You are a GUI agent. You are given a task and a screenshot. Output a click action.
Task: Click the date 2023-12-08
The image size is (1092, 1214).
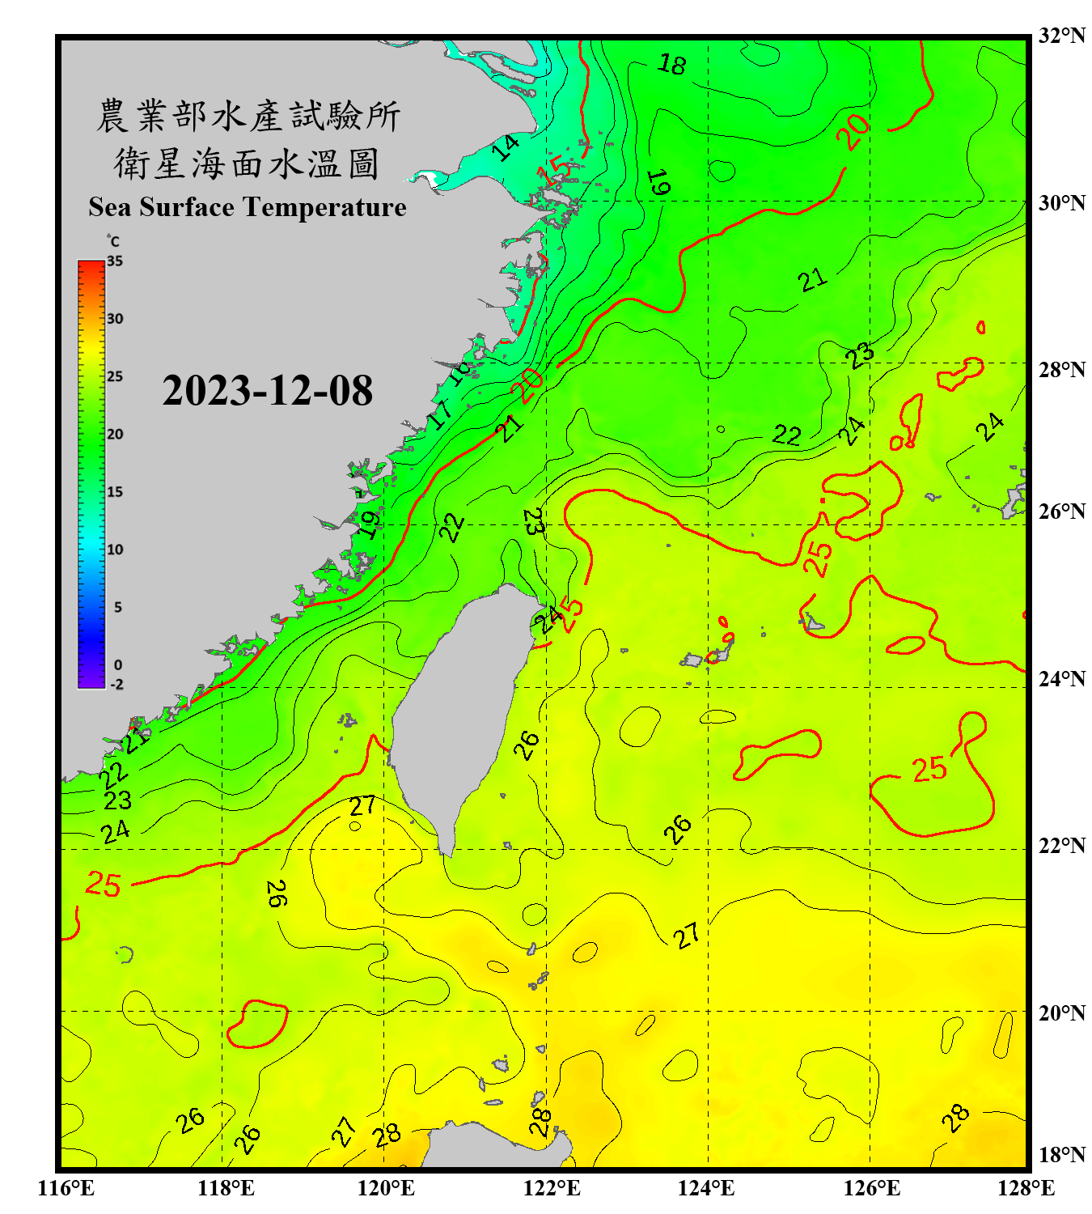pyautogui.click(x=267, y=391)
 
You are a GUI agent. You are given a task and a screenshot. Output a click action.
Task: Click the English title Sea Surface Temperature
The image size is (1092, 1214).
pyautogui.click(x=248, y=207)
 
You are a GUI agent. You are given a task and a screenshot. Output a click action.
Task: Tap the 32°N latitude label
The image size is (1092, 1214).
pyautogui.click(x=1061, y=36)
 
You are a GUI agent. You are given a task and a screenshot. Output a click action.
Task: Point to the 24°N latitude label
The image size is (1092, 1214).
pyautogui.click(x=1061, y=678)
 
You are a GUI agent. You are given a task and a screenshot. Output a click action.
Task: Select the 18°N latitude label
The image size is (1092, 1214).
pyautogui.click(x=1061, y=1154)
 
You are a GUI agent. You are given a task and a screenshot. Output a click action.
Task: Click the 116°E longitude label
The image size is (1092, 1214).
pyautogui.click(x=66, y=1188)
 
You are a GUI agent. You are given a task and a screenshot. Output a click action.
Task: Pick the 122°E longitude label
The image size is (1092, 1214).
pyautogui.click(x=552, y=1188)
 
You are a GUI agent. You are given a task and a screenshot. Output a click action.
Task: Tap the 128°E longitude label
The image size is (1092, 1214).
pyautogui.click(x=1026, y=1188)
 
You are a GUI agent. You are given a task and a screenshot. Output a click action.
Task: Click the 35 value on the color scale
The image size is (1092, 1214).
pyautogui.click(x=115, y=261)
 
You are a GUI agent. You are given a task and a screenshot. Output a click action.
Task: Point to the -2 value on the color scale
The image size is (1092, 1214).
pyautogui.click(x=116, y=684)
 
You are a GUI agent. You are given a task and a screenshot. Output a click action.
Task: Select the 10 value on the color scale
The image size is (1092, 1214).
pyautogui.click(x=115, y=550)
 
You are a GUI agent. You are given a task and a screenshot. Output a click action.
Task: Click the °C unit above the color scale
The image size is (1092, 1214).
pyautogui.click(x=113, y=242)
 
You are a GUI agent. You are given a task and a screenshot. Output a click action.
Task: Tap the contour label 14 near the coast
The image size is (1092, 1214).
pyautogui.click(x=506, y=147)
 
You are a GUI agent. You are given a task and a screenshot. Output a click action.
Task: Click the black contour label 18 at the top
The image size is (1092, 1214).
pyautogui.click(x=671, y=64)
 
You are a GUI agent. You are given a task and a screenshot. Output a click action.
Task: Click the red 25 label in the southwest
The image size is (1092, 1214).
pyautogui.click(x=104, y=884)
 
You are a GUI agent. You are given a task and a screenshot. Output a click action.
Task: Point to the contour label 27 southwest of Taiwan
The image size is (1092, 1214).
pyautogui.click(x=362, y=805)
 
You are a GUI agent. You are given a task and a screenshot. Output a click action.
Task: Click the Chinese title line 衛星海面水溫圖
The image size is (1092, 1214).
pyautogui.click(x=247, y=164)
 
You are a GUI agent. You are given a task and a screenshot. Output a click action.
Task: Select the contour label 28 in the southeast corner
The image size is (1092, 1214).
pyautogui.click(x=955, y=1118)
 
